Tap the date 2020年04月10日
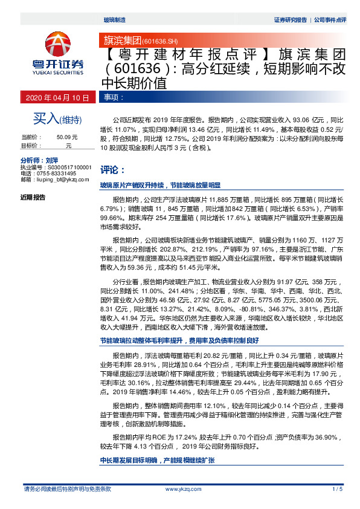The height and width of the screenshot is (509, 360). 58,97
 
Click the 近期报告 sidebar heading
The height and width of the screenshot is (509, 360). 33,197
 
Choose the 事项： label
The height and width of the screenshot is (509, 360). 114,97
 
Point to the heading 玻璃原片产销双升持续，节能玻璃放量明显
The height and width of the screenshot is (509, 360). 160,186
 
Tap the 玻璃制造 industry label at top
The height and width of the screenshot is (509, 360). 115,20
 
